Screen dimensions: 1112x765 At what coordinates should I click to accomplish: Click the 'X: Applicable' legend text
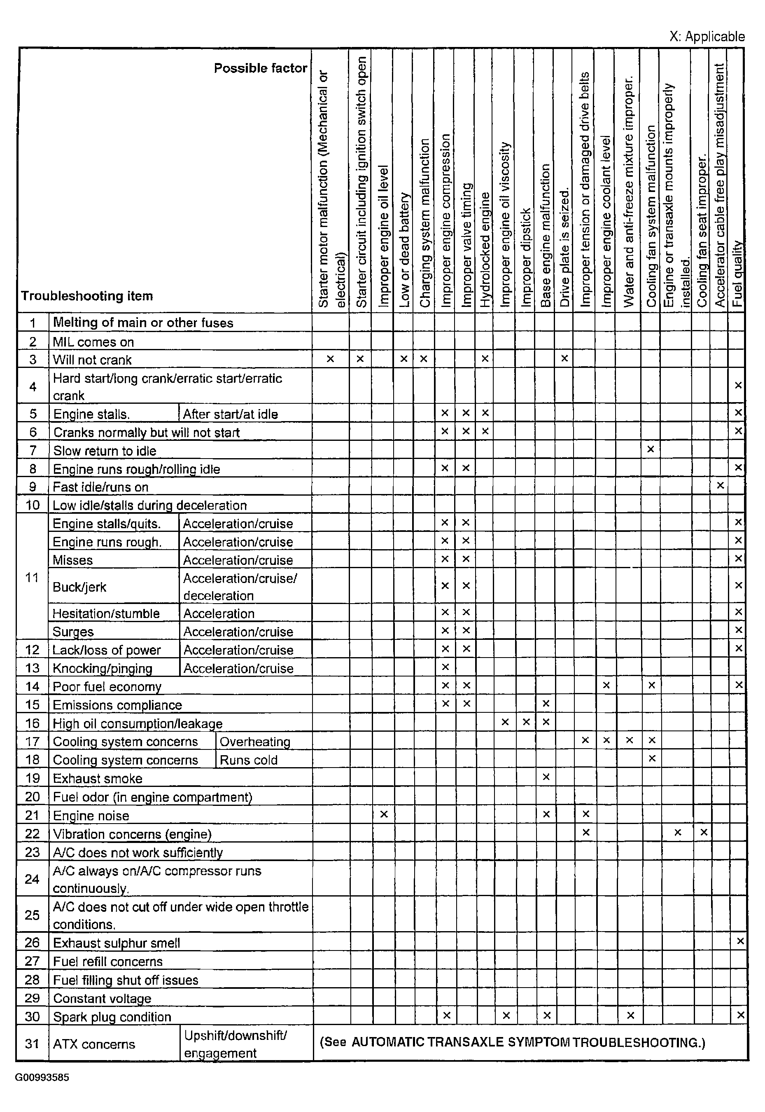[707, 36]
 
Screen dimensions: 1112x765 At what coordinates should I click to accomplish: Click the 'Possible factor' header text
[260, 68]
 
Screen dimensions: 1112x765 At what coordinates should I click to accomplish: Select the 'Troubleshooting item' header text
[87, 296]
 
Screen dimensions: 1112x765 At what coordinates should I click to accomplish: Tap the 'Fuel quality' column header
[737, 273]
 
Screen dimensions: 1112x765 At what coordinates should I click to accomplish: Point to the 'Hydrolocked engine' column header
[485, 249]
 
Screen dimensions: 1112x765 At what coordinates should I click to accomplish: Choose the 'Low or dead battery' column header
[404, 249]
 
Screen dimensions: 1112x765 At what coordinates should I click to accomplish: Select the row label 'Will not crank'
[92, 360]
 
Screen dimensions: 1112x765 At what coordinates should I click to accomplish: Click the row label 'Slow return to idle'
[105, 451]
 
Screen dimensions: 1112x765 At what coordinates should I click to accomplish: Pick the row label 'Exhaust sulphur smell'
[117, 943]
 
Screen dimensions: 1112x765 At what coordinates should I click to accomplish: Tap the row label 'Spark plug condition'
[112, 1017]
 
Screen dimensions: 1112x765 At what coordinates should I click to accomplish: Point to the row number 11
[32, 577]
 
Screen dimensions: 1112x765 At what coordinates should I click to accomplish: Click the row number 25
[32, 915]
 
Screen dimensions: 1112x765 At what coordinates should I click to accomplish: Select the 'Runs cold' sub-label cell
[248, 760]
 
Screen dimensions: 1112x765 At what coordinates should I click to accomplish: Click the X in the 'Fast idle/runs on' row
[719, 486]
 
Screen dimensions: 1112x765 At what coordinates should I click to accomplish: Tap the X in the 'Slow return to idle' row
[651, 449]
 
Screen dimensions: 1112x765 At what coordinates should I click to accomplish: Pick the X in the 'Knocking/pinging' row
[445, 667]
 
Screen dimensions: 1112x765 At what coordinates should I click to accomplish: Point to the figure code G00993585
[42, 1077]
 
